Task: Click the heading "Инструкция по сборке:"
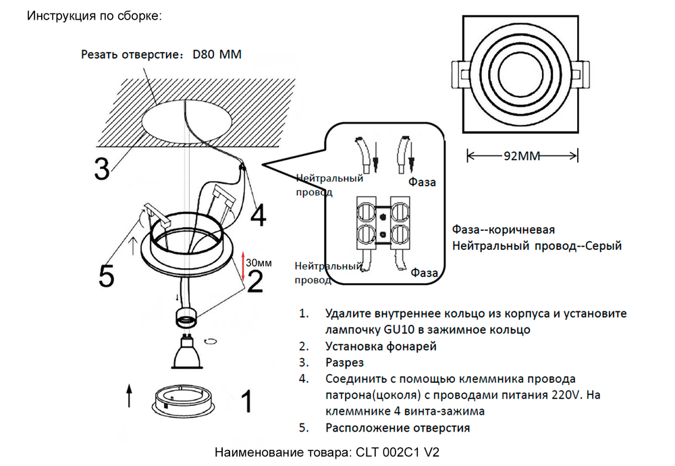tap(94, 16)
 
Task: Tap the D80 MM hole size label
tap(217, 54)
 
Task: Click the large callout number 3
tap(102, 169)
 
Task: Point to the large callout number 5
tap(107, 275)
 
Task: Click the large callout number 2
tap(255, 281)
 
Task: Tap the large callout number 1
tap(247, 401)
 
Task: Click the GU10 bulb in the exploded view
tap(188, 352)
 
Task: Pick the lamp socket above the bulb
tap(187, 315)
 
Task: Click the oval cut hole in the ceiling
tap(184, 122)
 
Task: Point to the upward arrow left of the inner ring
tap(129, 396)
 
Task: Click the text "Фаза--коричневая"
tap(504, 228)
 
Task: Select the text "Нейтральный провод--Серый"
tap(537, 246)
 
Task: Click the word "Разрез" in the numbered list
tap(344, 363)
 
